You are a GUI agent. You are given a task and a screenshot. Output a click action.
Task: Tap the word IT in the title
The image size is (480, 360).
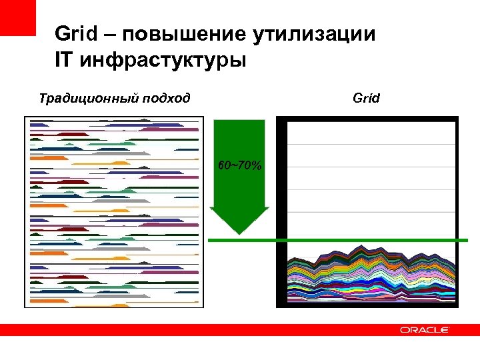65,61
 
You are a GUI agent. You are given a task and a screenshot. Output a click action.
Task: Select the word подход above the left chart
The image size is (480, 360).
165,99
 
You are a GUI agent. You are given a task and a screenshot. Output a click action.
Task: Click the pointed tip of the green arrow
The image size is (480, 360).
239,231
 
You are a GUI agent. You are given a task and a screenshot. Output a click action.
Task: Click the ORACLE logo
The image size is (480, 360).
425,330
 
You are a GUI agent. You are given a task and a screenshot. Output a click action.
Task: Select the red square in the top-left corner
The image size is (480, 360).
17,17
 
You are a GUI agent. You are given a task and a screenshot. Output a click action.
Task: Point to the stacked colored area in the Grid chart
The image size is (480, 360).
370,277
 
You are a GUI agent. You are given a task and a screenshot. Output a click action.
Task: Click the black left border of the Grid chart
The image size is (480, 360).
281,213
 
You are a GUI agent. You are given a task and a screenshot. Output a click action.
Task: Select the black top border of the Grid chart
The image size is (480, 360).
367,120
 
